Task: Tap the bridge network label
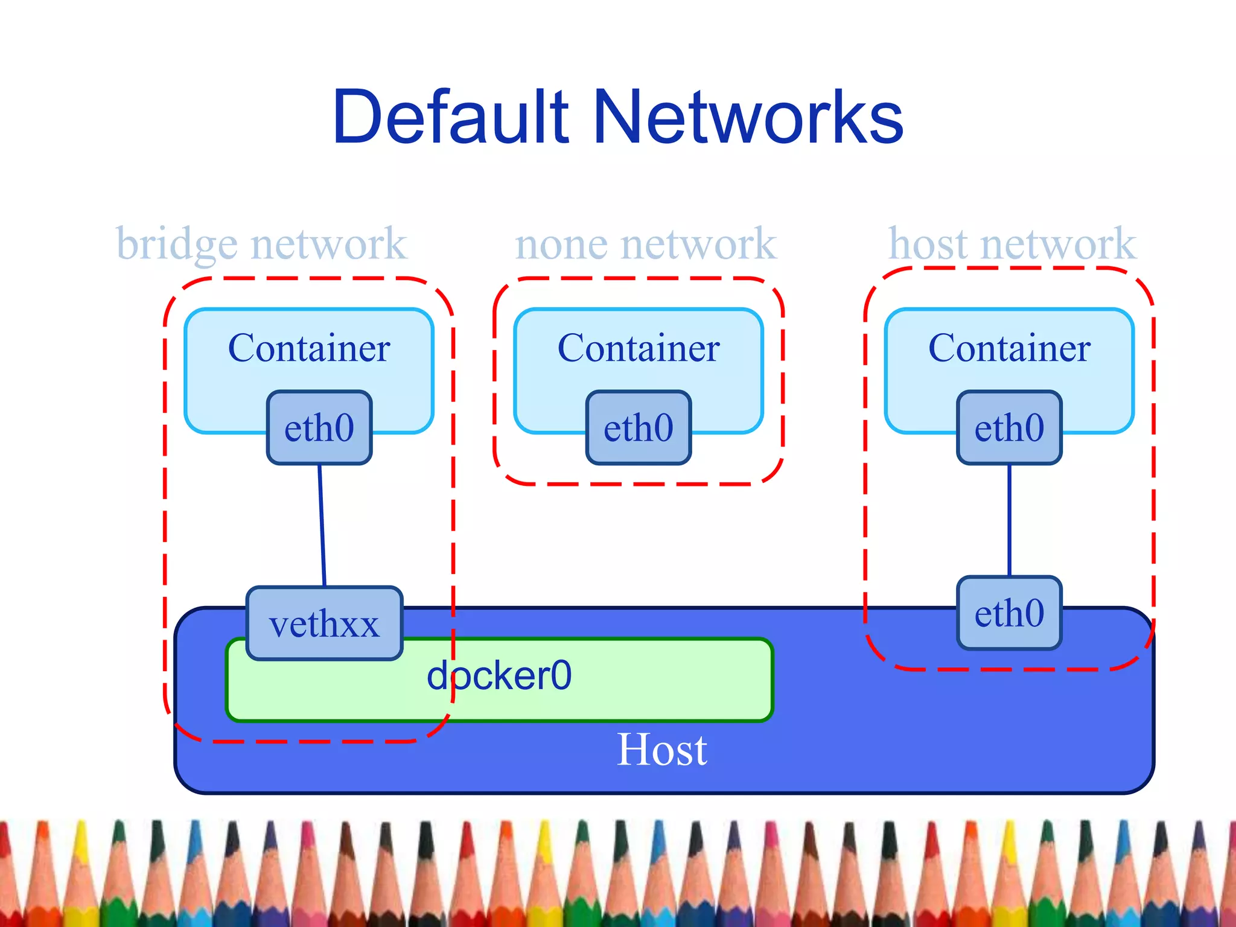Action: coord(261,244)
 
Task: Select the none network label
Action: coord(645,244)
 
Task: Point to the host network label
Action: coord(1012,244)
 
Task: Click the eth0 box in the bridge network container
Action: coord(319,428)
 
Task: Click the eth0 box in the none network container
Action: coord(639,428)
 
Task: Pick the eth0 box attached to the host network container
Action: coord(1009,428)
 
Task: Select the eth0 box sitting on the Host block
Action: coord(1009,613)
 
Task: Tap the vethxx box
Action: coord(324,623)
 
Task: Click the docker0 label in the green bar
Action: coord(499,676)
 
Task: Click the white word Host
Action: coord(661,750)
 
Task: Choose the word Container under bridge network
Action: coord(309,348)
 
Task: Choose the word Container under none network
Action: coord(639,348)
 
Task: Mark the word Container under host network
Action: coord(1009,348)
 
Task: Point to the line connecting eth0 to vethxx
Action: coord(322,525)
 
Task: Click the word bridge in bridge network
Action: coord(177,244)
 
